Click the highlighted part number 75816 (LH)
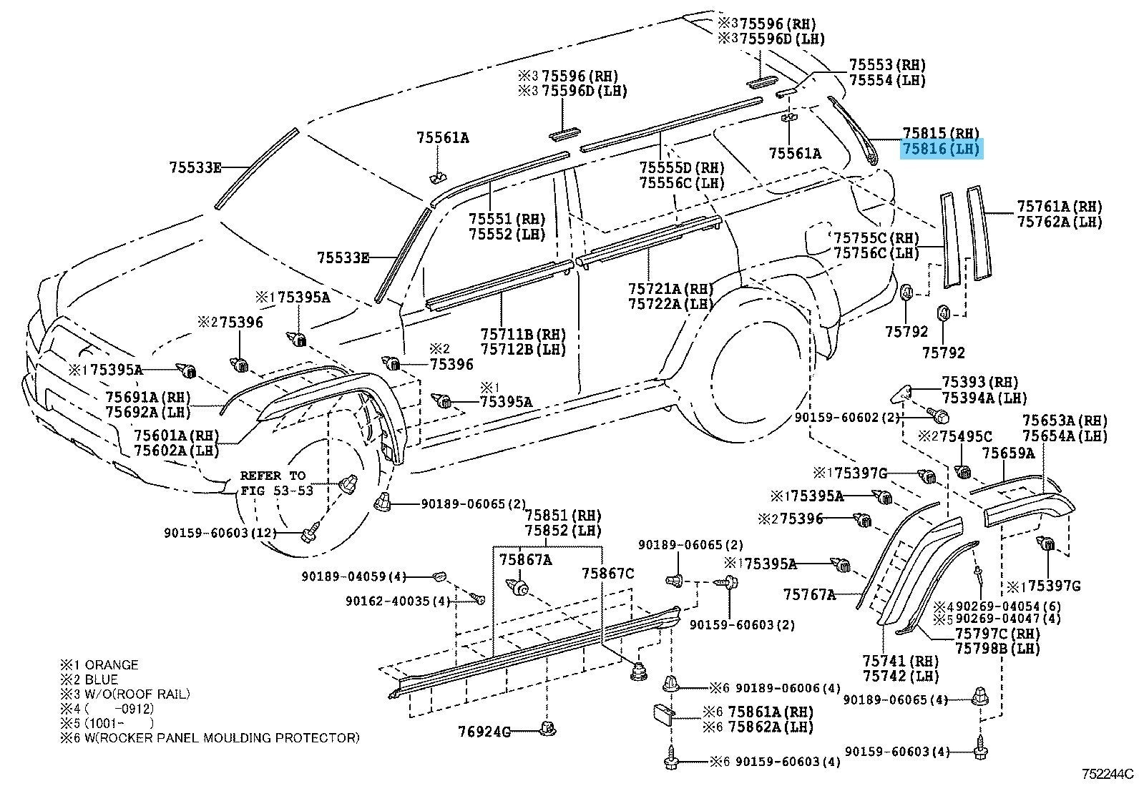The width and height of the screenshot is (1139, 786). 942,149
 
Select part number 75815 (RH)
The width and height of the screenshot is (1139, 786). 941,133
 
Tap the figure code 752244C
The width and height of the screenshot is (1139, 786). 1108,774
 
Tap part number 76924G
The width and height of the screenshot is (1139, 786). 484,732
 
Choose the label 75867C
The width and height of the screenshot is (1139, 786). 608,574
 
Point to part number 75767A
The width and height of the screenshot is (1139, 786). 809,594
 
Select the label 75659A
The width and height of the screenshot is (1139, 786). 1008,453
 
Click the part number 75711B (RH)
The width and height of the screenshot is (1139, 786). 523,335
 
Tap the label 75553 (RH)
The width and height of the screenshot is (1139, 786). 887,64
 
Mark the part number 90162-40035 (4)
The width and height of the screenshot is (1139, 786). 398,601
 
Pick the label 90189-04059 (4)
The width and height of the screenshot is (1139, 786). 354,576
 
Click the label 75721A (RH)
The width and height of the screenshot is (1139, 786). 670,289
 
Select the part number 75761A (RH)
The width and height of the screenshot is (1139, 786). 1060,207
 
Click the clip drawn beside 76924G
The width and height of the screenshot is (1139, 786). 547,728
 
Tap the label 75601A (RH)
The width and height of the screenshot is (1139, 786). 177,436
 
